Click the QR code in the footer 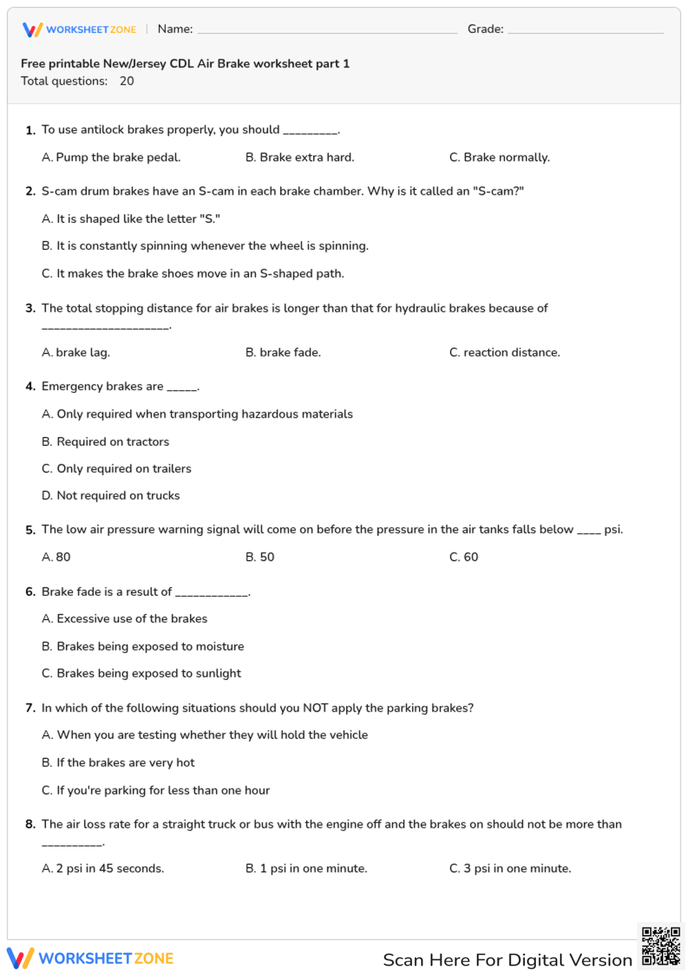point(660,946)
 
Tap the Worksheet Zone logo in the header point(79,30)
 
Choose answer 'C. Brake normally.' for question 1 point(499,158)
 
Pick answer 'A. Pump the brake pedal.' point(111,158)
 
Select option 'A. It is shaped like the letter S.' point(131,219)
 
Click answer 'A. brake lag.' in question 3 point(76,352)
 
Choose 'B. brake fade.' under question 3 point(283,352)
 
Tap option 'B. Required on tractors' point(105,442)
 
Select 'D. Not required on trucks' point(111,495)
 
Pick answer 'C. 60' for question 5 point(464,557)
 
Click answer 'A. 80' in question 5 point(56,557)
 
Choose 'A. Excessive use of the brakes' point(125,619)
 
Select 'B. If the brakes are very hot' point(118,762)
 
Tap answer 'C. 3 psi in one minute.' point(510,868)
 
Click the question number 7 point(30,708)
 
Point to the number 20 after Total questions point(127,81)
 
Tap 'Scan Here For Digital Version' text point(507,960)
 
